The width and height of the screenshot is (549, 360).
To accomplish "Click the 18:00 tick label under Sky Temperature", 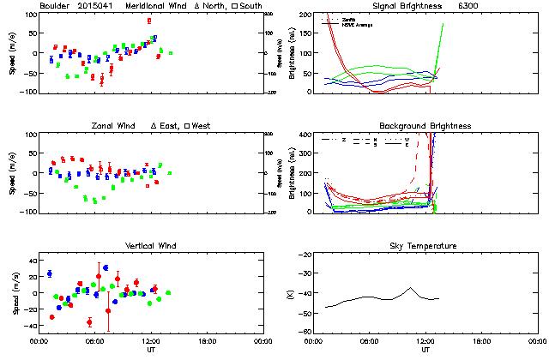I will pyautogui.click(x=481, y=340).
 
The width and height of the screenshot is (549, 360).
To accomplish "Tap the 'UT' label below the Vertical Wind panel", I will pyautogui.click(x=148, y=350).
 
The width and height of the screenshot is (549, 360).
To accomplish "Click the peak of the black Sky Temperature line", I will pyautogui.click(x=411, y=288).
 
